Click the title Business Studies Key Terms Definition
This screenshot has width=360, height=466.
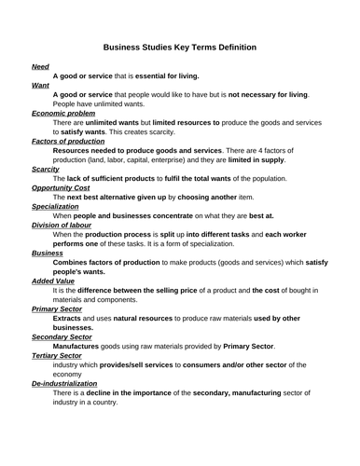179,46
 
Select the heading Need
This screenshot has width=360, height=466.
40,67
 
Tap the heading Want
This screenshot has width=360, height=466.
40,85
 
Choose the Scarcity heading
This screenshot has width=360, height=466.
46,169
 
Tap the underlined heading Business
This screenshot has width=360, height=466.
48,253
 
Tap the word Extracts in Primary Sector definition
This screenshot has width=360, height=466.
68,318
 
